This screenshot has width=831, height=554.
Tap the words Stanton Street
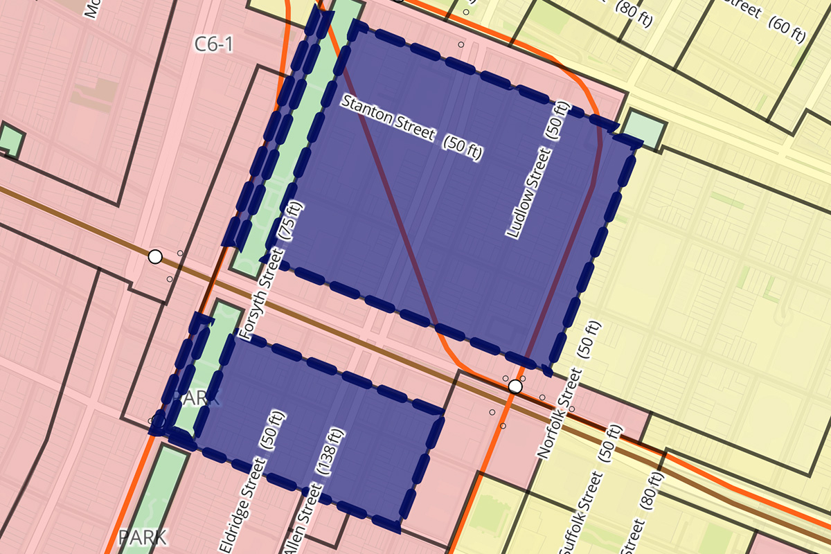point(390,118)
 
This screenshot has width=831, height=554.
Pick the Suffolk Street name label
point(579,513)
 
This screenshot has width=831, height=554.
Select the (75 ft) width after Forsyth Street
point(289,220)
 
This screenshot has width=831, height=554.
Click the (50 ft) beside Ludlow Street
point(559,120)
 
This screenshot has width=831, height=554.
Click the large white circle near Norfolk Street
point(515,386)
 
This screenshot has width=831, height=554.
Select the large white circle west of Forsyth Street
point(155,257)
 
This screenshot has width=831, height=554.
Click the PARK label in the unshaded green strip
point(142,537)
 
